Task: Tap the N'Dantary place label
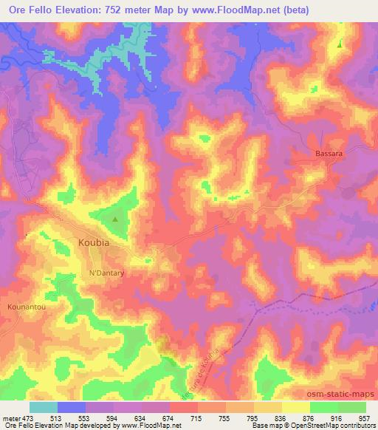tap(106, 273)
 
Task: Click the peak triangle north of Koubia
tap(114, 219)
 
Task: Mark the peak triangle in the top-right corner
tap(340, 44)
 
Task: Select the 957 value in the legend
tap(365, 417)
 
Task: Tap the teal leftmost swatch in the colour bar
tap(43, 407)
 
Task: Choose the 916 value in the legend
tap(336, 417)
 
